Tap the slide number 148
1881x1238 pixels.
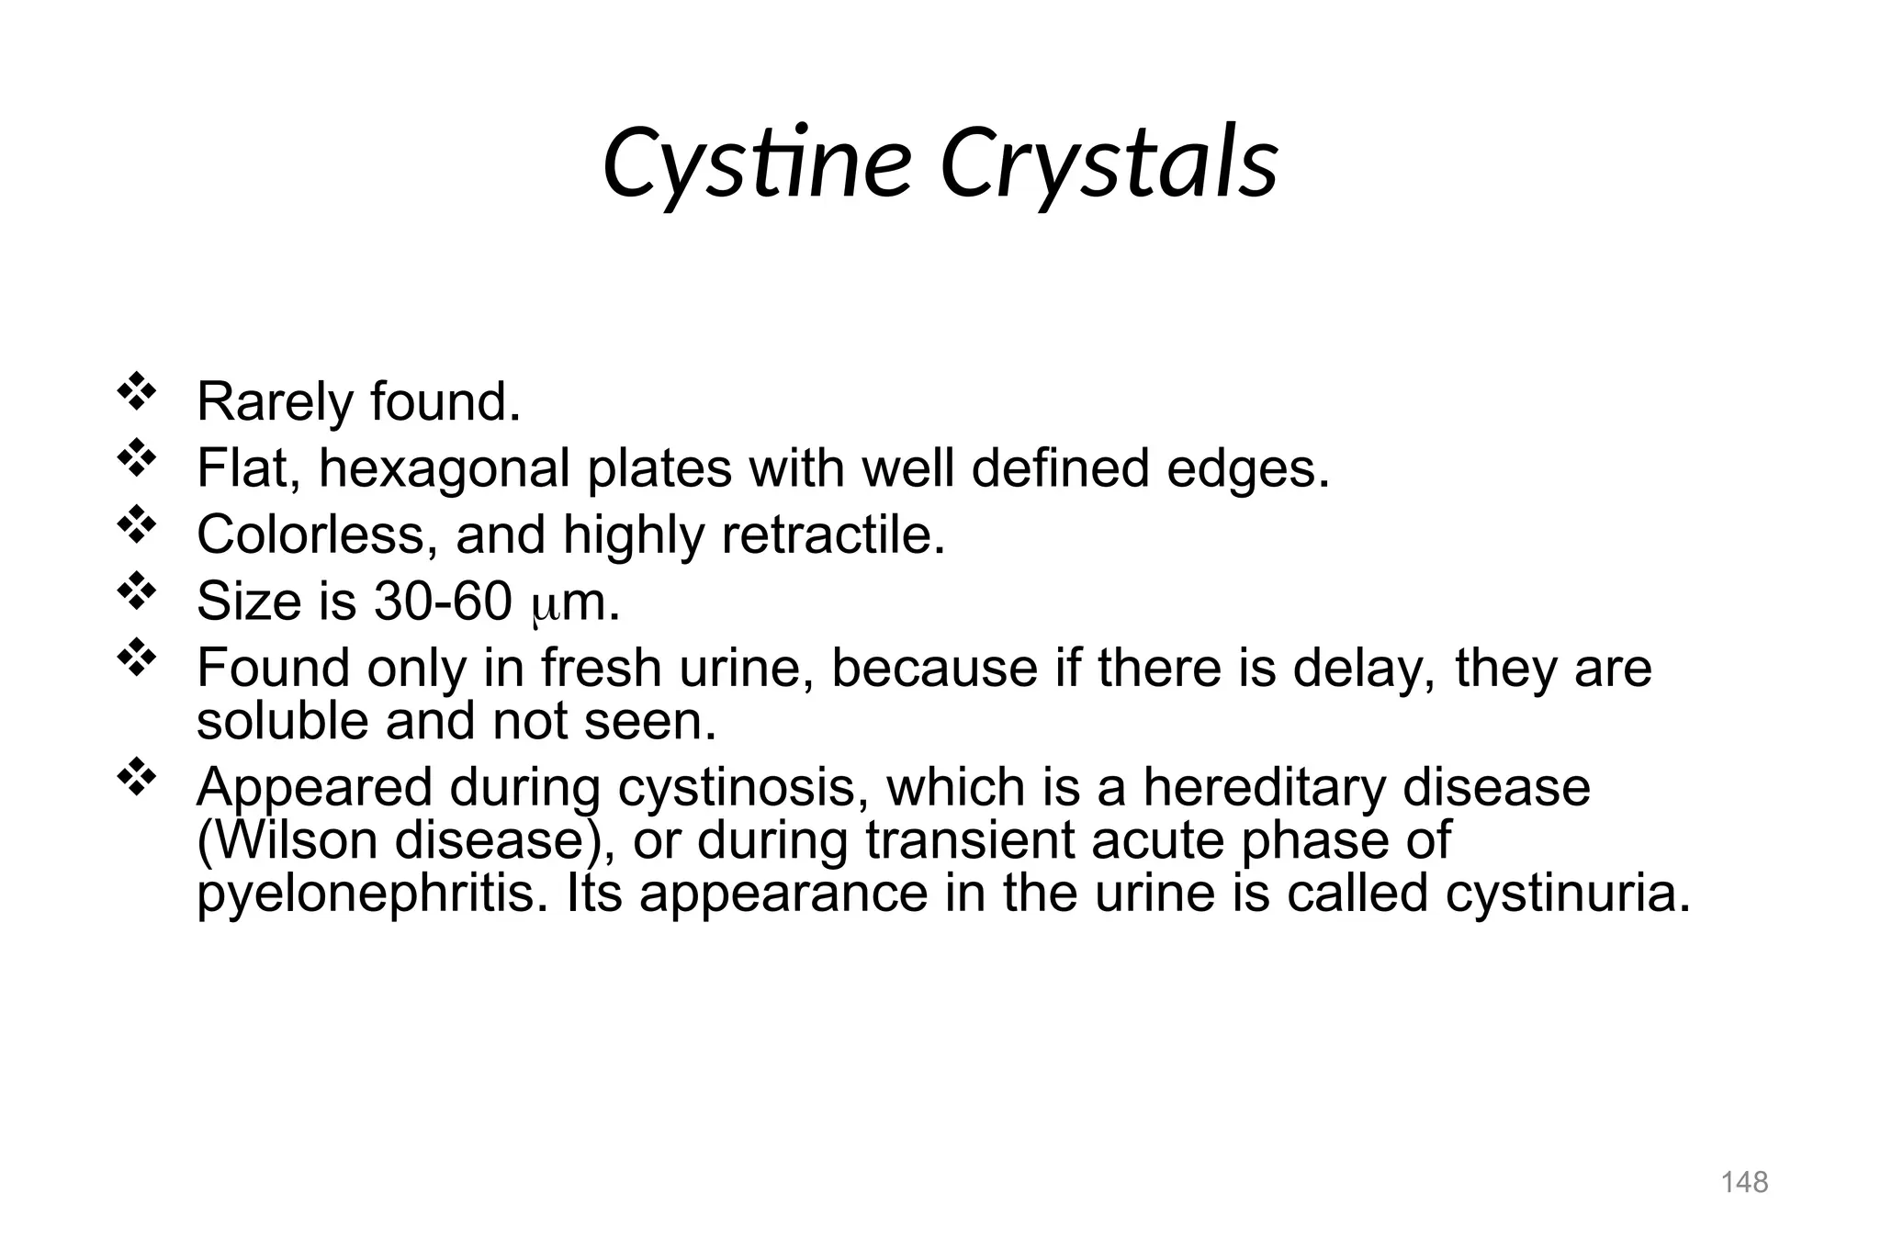coord(1744,1182)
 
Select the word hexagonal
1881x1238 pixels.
coord(445,468)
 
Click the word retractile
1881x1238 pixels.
coord(832,535)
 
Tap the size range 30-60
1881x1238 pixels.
coord(443,602)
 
